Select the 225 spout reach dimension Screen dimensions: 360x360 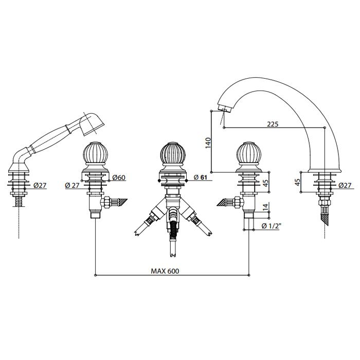point(273,124)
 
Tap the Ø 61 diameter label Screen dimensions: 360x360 point(202,178)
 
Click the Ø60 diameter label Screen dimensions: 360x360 point(118,178)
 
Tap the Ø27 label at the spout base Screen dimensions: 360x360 point(346,186)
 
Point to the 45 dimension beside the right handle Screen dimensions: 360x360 point(265,183)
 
